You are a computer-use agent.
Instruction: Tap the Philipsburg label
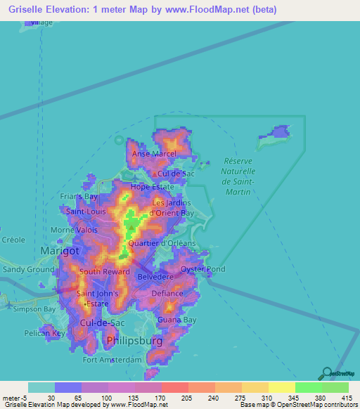[x=136, y=341]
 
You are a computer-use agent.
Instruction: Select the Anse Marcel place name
[x=153, y=154]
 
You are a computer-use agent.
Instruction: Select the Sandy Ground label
[x=28, y=269]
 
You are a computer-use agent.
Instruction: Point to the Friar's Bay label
[x=79, y=197]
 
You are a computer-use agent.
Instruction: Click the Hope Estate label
[x=152, y=187]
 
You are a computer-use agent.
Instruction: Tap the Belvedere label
[x=155, y=277]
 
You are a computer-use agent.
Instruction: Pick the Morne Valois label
[x=74, y=230]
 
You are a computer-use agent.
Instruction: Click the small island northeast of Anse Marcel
[x=274, y=137]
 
